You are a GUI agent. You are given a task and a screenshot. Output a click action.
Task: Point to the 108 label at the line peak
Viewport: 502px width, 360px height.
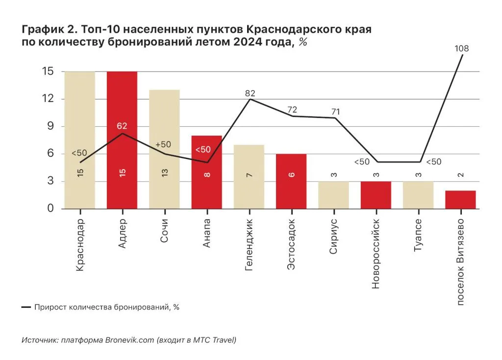click(461, 48)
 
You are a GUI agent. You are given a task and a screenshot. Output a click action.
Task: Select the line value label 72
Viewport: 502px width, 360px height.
click(293, 109)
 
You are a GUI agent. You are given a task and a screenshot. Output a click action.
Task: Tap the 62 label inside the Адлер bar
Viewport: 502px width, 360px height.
click(122, 126)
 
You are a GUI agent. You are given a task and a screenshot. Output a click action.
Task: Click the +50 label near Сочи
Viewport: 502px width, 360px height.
click(163, 144)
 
